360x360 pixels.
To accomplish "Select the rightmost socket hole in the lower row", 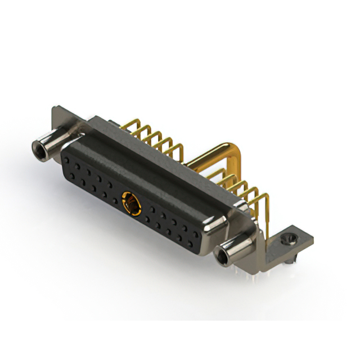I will click(193, 245).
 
